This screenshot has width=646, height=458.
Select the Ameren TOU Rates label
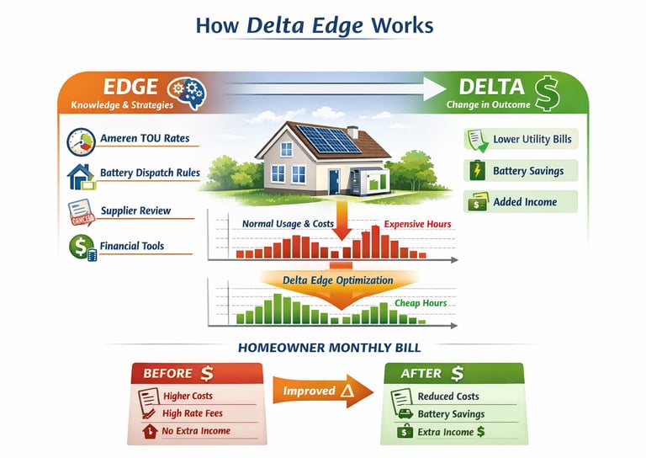coord(145,138)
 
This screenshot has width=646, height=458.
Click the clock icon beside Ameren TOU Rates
coord(81,140)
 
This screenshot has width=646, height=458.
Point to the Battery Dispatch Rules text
coord(150,173)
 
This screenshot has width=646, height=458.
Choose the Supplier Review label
coord(135,210)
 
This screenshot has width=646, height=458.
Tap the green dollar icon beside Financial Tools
coord(82,247)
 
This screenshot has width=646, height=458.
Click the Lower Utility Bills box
coord(522,140)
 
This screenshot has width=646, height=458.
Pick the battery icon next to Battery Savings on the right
coord(477,171)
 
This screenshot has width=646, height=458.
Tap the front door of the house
coord(334,182)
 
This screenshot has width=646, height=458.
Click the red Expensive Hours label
coord(417,225)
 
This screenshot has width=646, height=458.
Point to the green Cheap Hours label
coord(420,303)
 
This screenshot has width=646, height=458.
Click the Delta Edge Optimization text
coord(337,280)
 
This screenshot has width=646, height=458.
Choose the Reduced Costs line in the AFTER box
coord(448,397)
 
